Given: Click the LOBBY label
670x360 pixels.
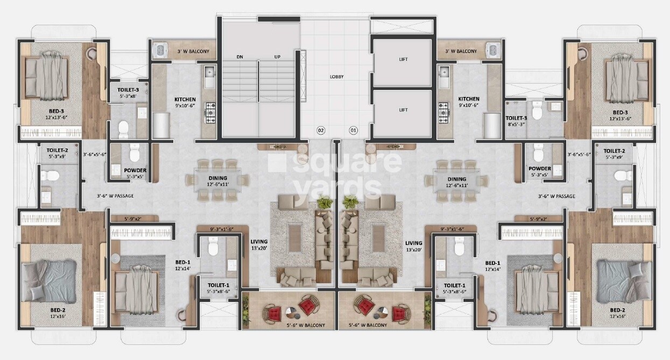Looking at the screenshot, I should [x=336, y=76].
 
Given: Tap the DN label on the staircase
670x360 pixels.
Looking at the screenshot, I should [x=240, y=57].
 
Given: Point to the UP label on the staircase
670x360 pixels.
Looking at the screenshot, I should [x=278, y=57].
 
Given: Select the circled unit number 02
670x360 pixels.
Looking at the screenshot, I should [x=321, y=130].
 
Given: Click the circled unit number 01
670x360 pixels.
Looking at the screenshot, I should [x=354, y=130].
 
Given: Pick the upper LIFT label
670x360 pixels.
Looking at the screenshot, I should [x=403, y=60].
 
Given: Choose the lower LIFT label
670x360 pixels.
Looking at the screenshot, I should [x=403, y=110].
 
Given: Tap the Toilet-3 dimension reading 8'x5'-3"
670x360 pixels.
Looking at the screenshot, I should [x=516, y=123].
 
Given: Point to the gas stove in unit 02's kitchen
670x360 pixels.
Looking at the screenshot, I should [x=209, y=113].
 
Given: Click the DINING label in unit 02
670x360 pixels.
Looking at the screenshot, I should [x=218, y=178].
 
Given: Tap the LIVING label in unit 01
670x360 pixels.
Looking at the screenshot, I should [x=413, y=243].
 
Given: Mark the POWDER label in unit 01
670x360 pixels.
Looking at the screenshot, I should [x=539, y=169].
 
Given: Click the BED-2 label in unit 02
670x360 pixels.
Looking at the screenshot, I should [x=58, y=310].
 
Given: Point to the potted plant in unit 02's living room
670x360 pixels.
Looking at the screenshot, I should [x=324, y=203].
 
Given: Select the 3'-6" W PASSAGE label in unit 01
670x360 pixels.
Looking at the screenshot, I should [x=556, y=196].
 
